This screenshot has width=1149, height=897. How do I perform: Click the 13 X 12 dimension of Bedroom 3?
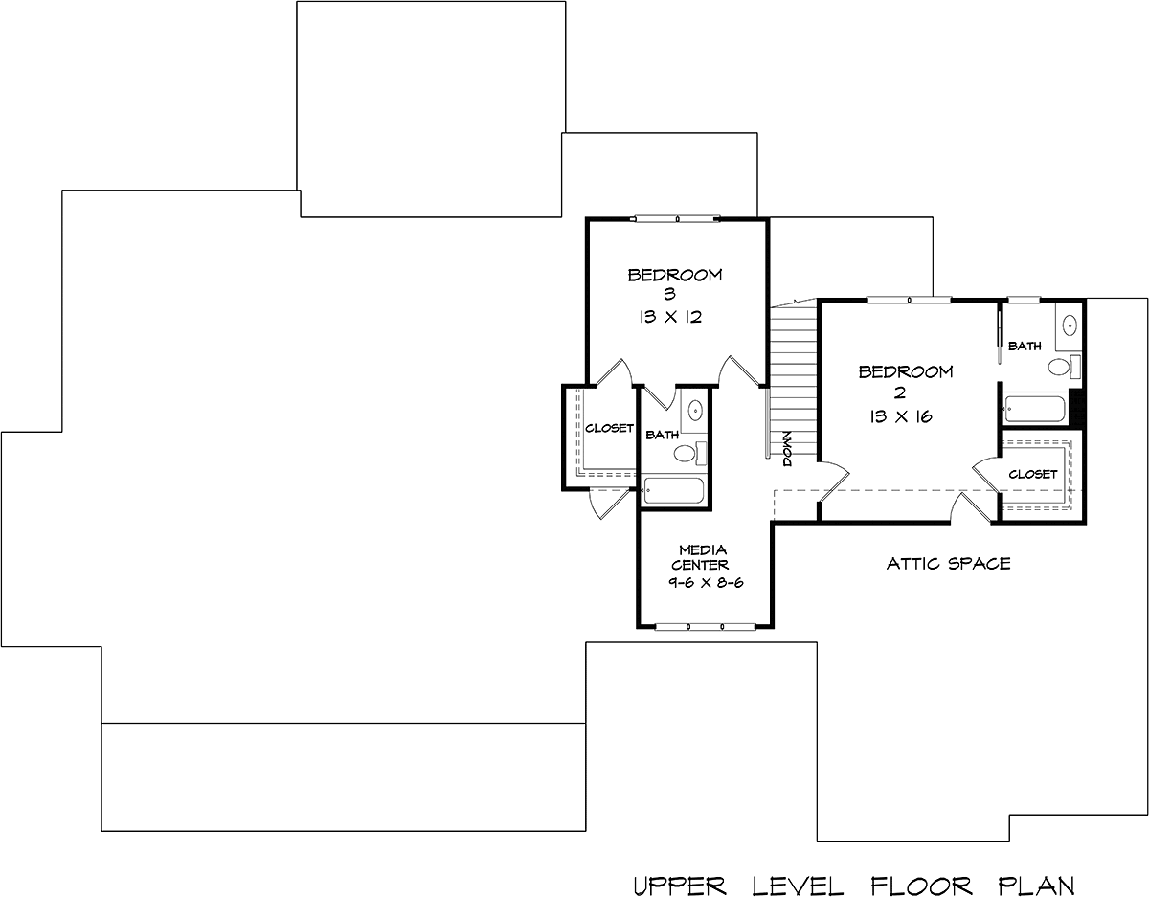click(x=670, y=317)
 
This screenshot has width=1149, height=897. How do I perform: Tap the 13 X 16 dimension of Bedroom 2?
click(x=900, y=416)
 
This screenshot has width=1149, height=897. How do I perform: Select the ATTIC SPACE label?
click(x=949, y=564)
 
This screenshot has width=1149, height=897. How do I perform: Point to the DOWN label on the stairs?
click(x=787, y=449)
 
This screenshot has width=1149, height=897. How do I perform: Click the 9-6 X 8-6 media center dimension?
click(x=706, y=582)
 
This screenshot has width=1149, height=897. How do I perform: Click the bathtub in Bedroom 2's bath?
click(x=1034, y=409)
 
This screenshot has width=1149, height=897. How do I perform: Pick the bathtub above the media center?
click(x=672, y=491)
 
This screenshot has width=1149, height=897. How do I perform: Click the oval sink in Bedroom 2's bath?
click(x=1070, y=325)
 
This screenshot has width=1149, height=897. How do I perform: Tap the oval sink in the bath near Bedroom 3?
click(x=695, y=410)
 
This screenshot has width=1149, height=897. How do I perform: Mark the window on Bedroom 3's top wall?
click(x=677, y=218)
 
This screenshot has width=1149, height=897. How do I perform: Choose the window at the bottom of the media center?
click(x=706, y=627)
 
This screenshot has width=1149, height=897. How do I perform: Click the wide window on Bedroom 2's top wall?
click(x=909, y=301)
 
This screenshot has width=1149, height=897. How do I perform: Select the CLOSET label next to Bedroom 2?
click(x=1033, y=474)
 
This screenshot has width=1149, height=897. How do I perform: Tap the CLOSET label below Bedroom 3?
click(x=609, y=428)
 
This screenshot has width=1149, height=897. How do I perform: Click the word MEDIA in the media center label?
click(x=703, y=549)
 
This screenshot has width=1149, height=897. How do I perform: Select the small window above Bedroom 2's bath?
click(x=1024, y=301)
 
